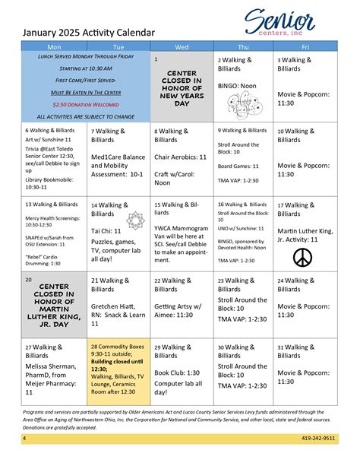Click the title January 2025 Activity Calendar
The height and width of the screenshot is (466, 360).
[88, 33]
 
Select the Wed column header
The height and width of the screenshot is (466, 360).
[182, 47]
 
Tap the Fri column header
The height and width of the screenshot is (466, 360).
[305, 47]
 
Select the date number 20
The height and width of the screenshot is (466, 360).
[28, 280]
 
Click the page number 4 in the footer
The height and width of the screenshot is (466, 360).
[24, 439]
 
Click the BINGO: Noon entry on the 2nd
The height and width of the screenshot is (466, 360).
[237, 86]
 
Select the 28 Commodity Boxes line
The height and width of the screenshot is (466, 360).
[118, 347]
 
